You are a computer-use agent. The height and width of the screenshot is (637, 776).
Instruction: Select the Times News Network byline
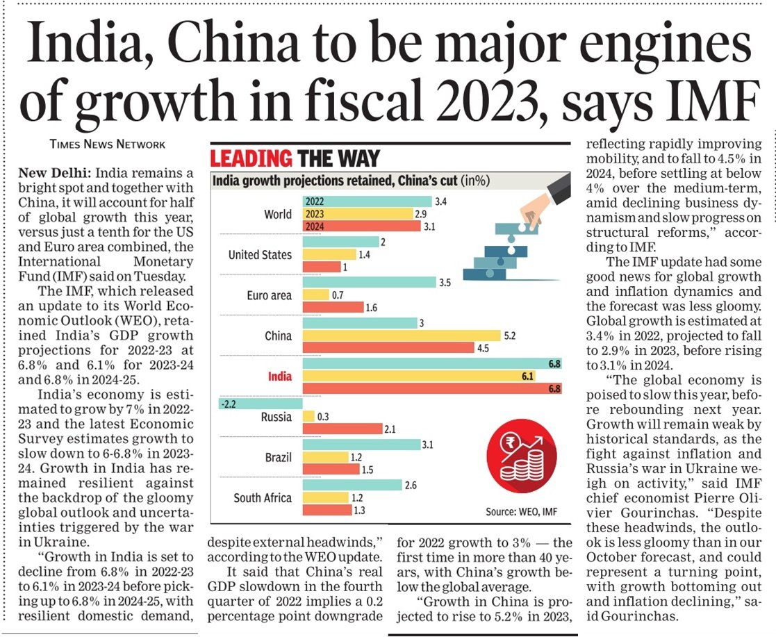pyautogui.click(x=108, y=144)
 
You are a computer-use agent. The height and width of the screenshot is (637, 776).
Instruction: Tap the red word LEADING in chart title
pyautogui.click(x=251, y=158)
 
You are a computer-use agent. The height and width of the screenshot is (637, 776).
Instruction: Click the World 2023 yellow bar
pyautogui.click(x=358, y=214)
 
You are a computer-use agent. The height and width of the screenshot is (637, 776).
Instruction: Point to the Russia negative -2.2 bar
pyautogui.click(x=261, y=404)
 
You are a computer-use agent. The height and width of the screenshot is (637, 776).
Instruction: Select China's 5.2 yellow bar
pyautogui.click(x=402, y=336)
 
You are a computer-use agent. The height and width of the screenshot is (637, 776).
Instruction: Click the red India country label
pyautogui.click(x=279, y=377)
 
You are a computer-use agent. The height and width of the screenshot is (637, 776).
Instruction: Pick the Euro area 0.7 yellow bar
pyautogui.click(x=315, y=295)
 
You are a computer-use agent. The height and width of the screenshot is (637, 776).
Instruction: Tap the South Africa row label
pyautogui.click(x=263, y=498)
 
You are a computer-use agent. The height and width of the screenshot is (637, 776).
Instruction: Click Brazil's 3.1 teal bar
pyautogui.click(x=361, y=445)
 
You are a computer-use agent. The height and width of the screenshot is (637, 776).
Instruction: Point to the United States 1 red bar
pyautogui.click(x=322, y=267)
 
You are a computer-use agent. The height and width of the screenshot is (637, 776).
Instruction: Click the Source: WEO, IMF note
pyautogui.click(x=521, y=512)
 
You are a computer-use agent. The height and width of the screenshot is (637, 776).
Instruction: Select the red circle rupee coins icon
pyautogui.click(x=522, y=458)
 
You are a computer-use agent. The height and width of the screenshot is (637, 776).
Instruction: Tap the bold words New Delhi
pyautogui.click(x=54, y=173)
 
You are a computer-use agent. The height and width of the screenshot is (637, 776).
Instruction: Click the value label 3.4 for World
pyautogui.click(x=440, y=201)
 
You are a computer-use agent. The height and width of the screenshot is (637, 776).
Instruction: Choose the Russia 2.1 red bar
pyautogui.click(x=342, y=429)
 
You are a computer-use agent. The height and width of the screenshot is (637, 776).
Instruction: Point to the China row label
pyautogui.click(x=278, y=336)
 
